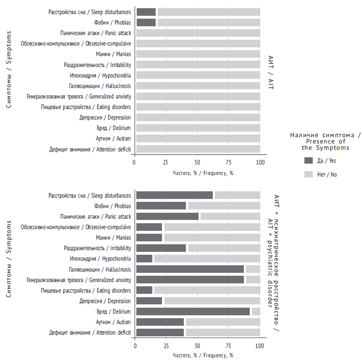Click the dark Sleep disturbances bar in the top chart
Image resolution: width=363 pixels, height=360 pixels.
click(146, 12)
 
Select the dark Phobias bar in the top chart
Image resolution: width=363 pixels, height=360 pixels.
click(146, 22)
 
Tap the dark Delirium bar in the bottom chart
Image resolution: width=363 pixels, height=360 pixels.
click(193, 311)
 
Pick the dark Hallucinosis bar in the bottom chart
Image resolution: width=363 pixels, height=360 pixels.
click(190, 269)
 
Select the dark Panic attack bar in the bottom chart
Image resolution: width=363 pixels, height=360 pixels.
click(167, 216)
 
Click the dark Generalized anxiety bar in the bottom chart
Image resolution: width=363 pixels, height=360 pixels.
click(190, 279)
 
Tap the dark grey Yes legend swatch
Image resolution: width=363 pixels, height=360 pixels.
click(308, 160)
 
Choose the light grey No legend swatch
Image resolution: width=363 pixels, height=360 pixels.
click(308, 174)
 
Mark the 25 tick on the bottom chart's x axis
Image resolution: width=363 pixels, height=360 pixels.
click(166, 346)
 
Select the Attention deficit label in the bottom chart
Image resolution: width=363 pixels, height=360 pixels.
click(90, 332)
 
